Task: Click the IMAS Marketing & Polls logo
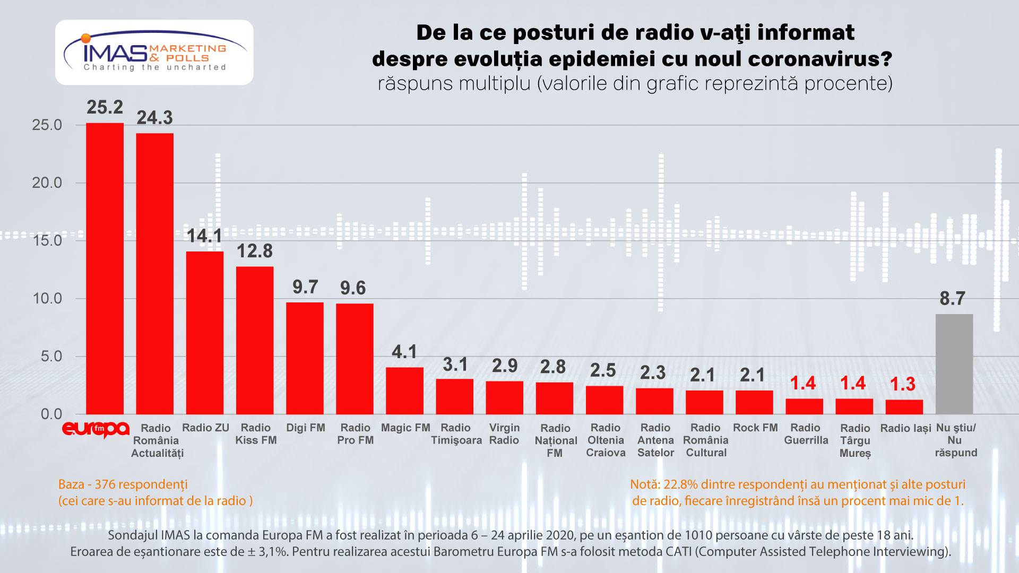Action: click(x=154, y=53)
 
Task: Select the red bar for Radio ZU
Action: click(x=205, y=333)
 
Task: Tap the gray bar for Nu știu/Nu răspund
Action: click(x=954, y=364)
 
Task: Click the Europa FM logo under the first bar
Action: click(x=96, y=429)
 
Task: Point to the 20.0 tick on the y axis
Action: click(x=47, y=183)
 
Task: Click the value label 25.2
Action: click(x=105, y=108)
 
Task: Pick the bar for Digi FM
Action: click(x=305, y=358)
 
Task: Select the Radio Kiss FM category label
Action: click(x=255, y=434)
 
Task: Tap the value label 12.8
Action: click(x=255, y=251)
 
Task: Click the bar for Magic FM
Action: click(x=404, y=390)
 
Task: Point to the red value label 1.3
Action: click(x=902, y=384)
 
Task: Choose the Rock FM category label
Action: click(x=755, y=428)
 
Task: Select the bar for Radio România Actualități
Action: click(x=155, y=274)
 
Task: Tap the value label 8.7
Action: click(x=952, y=299)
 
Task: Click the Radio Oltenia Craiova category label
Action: click(x=606, y=440)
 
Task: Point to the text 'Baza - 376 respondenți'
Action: click(x=123, y=484)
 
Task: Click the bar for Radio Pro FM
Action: click(x=355, y=359)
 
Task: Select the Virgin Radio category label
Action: click(x=504, y=434)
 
